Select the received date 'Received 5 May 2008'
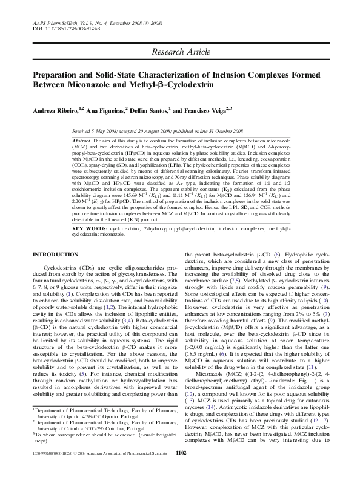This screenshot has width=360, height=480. (x=99, y=130)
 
